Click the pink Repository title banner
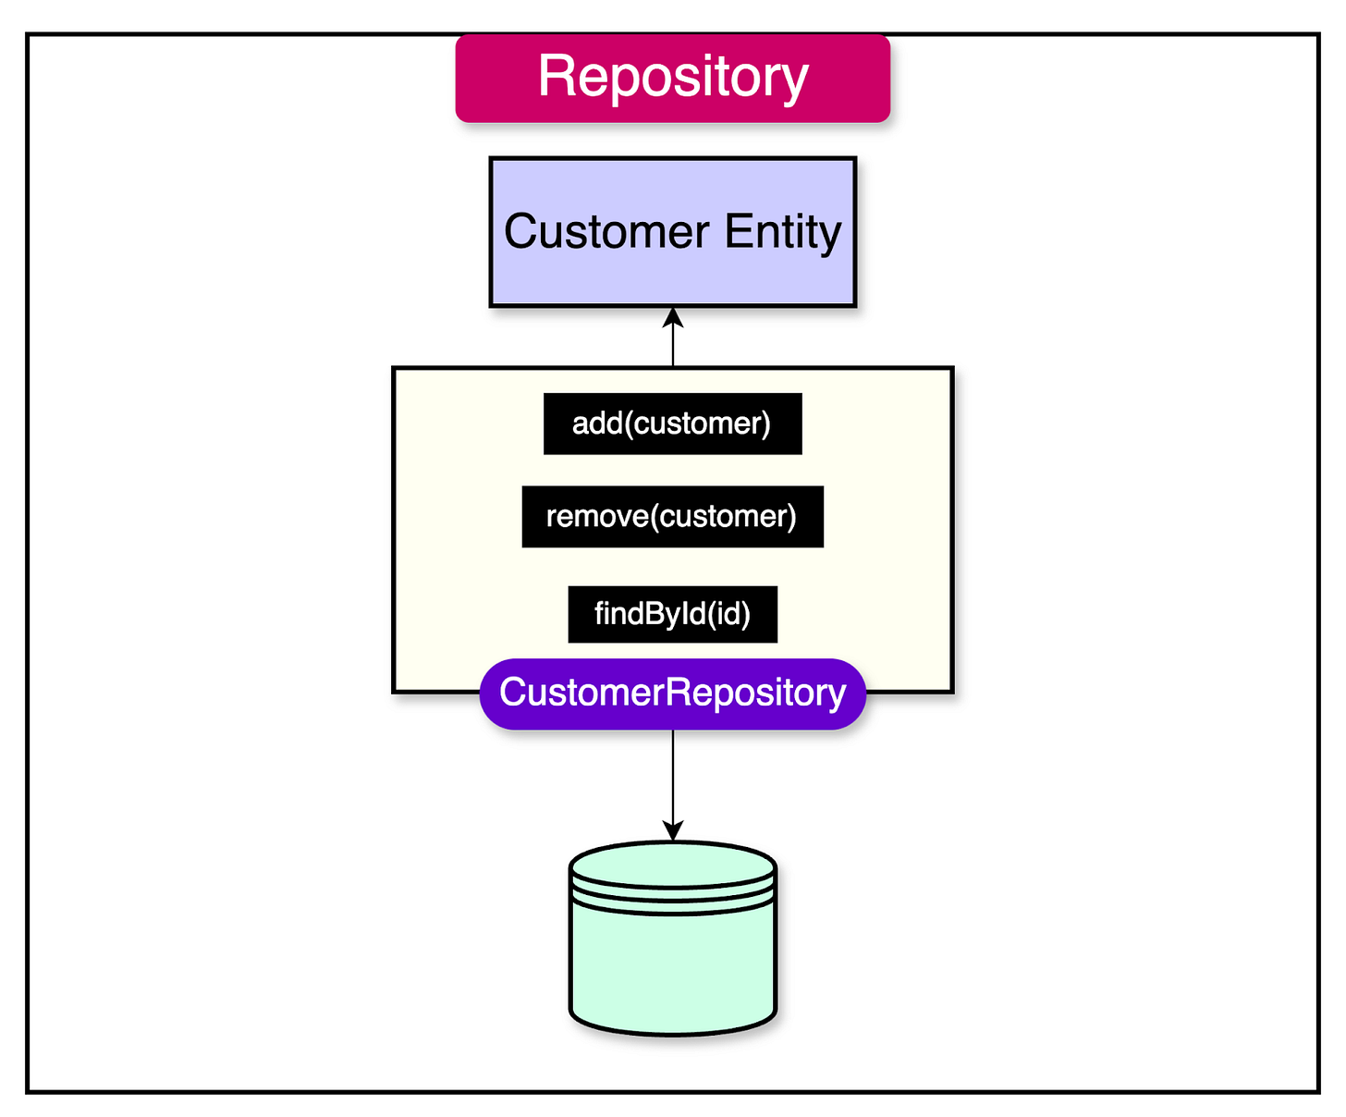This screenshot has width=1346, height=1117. [672, 79]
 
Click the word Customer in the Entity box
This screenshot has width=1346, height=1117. [606, 231]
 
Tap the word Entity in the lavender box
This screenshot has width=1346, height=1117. [782, 231]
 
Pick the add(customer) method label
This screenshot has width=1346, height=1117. [672, 423]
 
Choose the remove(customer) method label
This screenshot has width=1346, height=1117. [672, 516]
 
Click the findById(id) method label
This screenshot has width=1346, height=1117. [672, 614]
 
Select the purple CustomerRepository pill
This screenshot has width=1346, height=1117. [672, 694]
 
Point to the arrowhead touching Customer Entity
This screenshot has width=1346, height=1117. [673, 317]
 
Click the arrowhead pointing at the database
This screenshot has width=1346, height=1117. [673, 830]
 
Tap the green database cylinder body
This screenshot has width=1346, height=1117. [672, 962]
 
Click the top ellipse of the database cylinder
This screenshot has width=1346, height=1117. [672, 864]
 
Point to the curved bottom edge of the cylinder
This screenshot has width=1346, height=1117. [672, 1032]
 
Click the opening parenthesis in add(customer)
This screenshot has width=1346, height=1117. [629, 423]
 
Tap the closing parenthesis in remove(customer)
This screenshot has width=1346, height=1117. [791, 516]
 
